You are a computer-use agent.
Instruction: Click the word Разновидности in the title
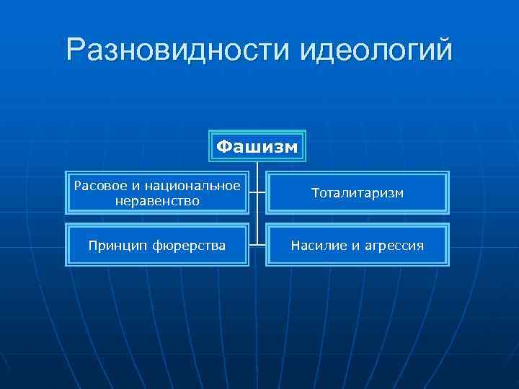(x=177, y=50)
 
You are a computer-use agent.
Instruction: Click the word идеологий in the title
(x=375, y=50)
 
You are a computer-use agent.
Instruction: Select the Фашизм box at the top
(x=257, y=146)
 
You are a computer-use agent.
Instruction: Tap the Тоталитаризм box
(x=357, y=193)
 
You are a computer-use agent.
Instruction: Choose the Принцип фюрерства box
(x=157, y=246)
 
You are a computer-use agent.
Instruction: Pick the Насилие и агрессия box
(x=357, y=246)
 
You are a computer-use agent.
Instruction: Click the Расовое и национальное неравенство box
(x=157, y=193)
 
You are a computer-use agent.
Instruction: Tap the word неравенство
(x=157, y=200)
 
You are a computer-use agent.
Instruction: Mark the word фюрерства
(x=188, y=246)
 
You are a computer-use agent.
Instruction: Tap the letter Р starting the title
(x=76, y=50)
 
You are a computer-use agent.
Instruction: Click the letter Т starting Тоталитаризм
(x=316, y=193)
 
